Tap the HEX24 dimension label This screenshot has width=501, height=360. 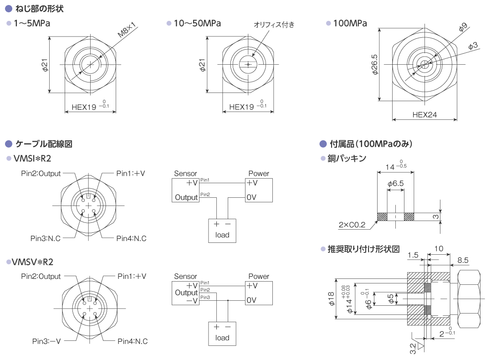coord(424,115)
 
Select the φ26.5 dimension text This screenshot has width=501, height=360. coord(375,65)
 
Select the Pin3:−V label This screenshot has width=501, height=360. coord(46,341)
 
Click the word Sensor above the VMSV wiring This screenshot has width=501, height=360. coord(185,277)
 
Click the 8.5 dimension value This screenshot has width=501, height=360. coord(463,260)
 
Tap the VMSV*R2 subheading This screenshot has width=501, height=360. coord(32,262)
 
